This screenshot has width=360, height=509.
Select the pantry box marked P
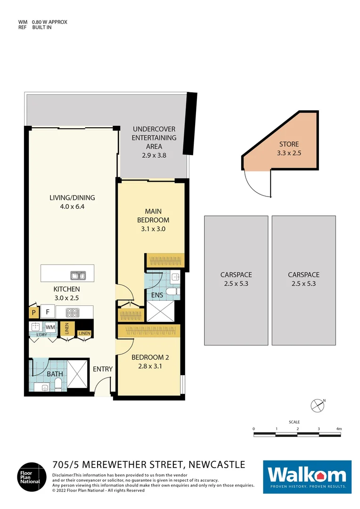33,312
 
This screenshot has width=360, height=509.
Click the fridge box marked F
47,312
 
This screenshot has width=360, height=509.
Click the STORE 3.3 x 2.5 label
289,148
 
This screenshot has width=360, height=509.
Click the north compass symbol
317,404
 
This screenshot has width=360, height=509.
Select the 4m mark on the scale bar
338,428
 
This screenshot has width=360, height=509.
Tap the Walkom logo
307,476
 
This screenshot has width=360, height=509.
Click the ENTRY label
103,369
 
